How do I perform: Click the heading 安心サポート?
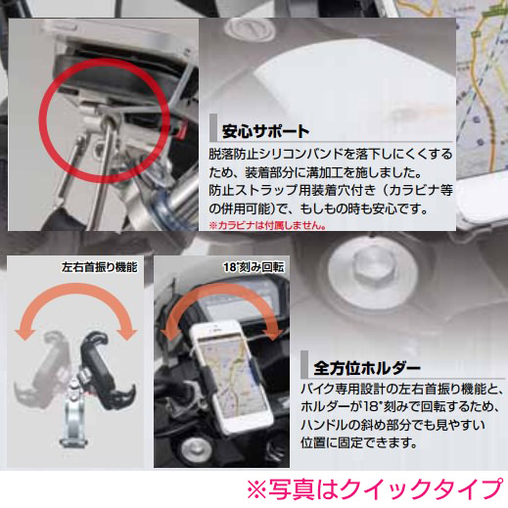click(x=265, y=131)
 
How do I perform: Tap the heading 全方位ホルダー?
click(x=367, y=368)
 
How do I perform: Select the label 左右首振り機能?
click(x=100, y=267)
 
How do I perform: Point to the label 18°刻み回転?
click(x=254, y=267)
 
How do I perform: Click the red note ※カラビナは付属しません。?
click(x=267, y=225)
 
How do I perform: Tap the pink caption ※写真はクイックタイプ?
click(x=374, y=489)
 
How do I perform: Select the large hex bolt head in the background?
click(x=372, y=273)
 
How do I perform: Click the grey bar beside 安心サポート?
click(x=213, y=127)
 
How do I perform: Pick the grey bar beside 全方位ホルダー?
click(x=304, y=364)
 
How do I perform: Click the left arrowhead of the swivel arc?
click(x=24, y=334)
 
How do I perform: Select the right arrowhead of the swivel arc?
click(x=127, y=334)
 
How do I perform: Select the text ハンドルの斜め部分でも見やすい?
click(x=393, y=425)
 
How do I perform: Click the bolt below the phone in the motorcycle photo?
click(x=196, y=449)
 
